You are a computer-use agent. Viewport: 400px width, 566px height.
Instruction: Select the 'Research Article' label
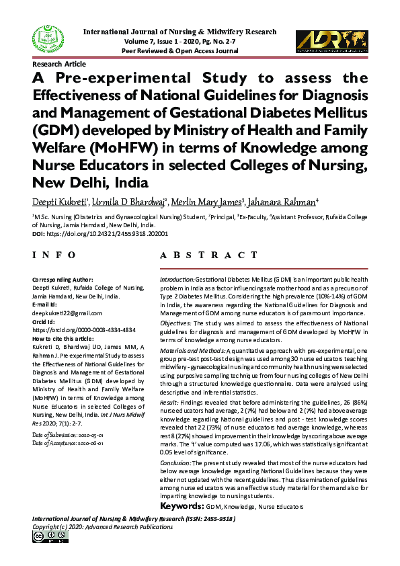point(59,64)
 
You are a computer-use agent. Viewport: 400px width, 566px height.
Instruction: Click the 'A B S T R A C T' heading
point(208,255)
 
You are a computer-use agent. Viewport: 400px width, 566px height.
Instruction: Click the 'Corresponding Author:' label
point(63,279)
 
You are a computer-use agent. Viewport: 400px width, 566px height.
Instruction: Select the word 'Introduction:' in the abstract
point(177,278)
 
